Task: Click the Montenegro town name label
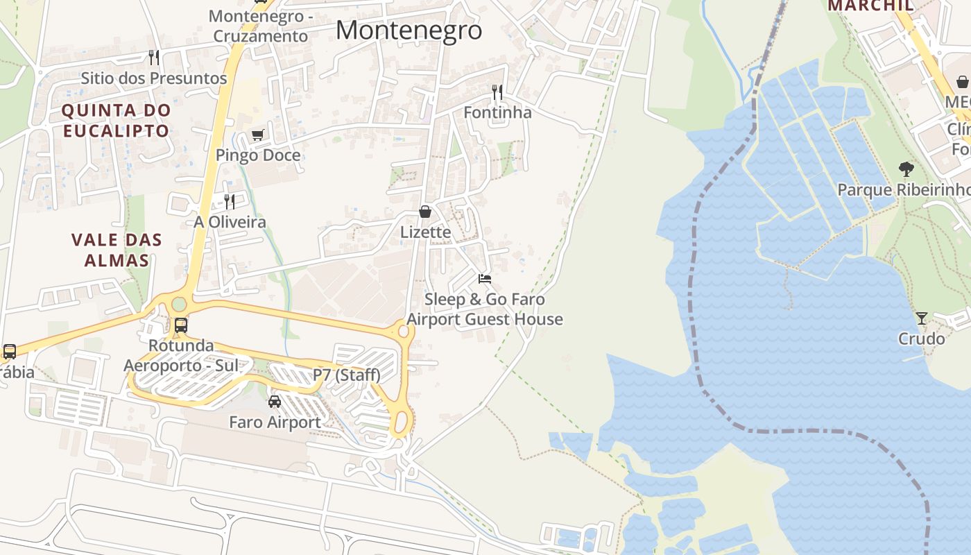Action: pyautogui.click(x=409, y=30)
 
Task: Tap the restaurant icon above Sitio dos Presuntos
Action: pyautogui.click(x=154, y=57)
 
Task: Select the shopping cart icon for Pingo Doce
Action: pyautogui.click(x=258, y=135)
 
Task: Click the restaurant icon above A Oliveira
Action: pyautogui.click(x=230, y=202)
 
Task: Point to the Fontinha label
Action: pyautogui.click(x=497, y=112)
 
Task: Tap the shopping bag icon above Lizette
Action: pyautogui.click(x=425, y=212)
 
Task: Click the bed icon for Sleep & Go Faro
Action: pyautogui.click(x=485, y=279)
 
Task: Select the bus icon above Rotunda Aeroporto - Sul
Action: pyautogui.click(x=180, y=325)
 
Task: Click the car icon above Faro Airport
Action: pyautogui.click(x=275, y=402)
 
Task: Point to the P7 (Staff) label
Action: pyautogui.click(x=346, y=375)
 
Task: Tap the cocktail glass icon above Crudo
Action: pyautogui.click(x=921, y=318)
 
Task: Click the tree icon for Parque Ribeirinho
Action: pyautogui.click(x=906, y=169)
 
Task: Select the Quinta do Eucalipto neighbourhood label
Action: pyautogui.click(x=116, y=120)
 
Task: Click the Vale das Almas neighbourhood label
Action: pyautogui.click(x=117, y=250)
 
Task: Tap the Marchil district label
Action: pyautogui.click(x=870, y=6)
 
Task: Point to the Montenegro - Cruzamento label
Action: pyautogui.click(x=258, y=26)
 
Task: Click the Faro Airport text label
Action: pyautogui.click(x=275, y=422)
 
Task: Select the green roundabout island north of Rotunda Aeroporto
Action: pyautogui.click(x=180, y=304)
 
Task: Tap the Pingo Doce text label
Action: pyautogui.click(x=258, y=155)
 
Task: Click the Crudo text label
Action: pyautogui.click(x=921, y=339)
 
